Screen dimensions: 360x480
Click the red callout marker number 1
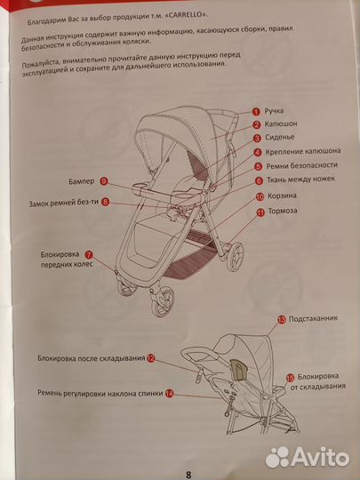(x=256, y=111)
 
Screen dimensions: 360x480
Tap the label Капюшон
(x=281, y=124)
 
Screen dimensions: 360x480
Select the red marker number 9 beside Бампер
(x=104, y=181)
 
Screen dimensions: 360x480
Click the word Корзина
(x=282, y=196)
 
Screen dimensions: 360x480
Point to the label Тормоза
(x=283, y=211)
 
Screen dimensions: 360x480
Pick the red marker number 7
(x=89, y=254)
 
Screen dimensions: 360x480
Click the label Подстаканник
(x=313, y=318)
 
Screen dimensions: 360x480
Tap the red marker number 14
(x=169, y=394)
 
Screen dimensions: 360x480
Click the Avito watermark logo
(x=307, y=457)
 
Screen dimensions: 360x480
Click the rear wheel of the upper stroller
(x=235, y=257)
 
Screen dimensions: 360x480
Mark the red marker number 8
(x=105, y=202)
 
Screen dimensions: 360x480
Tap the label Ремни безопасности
(x=301, y=165)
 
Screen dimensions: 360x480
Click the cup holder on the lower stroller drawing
(x=238, y=370)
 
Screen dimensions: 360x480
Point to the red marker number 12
(x=151, y=358)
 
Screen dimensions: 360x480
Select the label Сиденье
(x=279, y=137)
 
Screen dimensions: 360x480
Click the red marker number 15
(x=290, y=378)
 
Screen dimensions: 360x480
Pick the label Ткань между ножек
(x=300, y=179)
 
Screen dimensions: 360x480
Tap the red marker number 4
(x=258, y=152)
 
